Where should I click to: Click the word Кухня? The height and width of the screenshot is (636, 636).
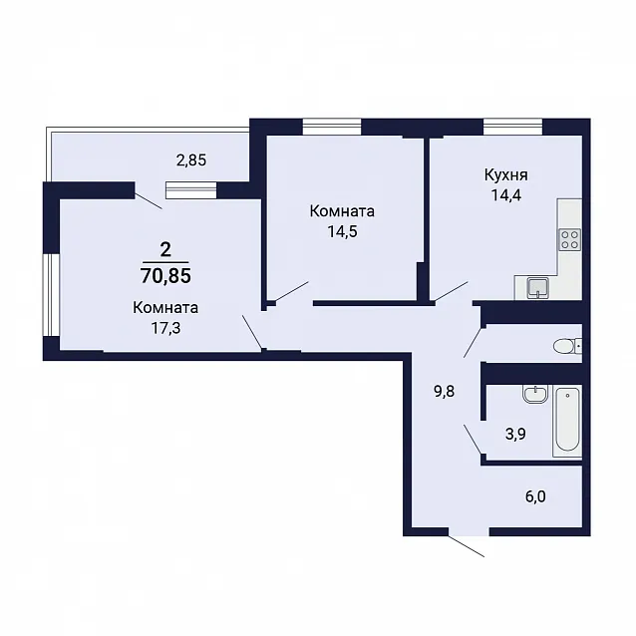click(x=505, y=175)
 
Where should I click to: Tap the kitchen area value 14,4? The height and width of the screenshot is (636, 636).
click(x=505, y=195)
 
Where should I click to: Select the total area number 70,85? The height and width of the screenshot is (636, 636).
click(x=165, y=276)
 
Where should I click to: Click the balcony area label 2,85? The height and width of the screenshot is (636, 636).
click(x=191, y=160)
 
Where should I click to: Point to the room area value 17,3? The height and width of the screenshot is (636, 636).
click(x=165, y=328)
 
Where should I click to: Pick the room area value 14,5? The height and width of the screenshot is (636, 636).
click(x=342, y=231)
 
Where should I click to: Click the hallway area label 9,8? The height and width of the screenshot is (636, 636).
click(x=445, y=392)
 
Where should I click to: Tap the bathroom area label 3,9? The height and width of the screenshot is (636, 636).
click(x=515, y=435)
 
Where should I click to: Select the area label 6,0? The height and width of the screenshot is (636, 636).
click(x=535, y=496)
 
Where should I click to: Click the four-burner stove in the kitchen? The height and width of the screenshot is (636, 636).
click(x=570, y=239)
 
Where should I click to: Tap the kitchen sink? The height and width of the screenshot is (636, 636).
click(x=538, y=288)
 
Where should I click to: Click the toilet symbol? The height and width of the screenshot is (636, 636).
click(x=567, y=346)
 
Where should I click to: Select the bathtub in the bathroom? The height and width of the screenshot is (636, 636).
click(x=567, y=423)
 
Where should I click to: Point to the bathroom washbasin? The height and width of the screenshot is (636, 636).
click(x=535, y=394)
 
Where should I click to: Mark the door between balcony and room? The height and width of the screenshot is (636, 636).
click(x=149, y=200)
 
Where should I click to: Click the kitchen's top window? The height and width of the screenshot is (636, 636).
click(x=512, y=127)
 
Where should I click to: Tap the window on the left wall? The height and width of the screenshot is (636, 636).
click(x=51, y=295)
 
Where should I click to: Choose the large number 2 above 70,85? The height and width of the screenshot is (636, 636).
click(x=165, y=250)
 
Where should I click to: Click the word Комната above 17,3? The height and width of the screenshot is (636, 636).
click(x=165, y=308)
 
